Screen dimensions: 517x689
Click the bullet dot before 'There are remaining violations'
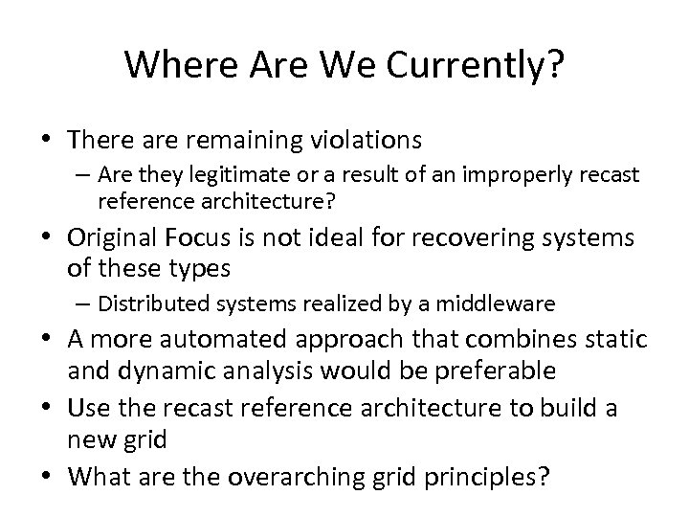pos(53,141)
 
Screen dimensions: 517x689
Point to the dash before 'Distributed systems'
pos(83,304)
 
